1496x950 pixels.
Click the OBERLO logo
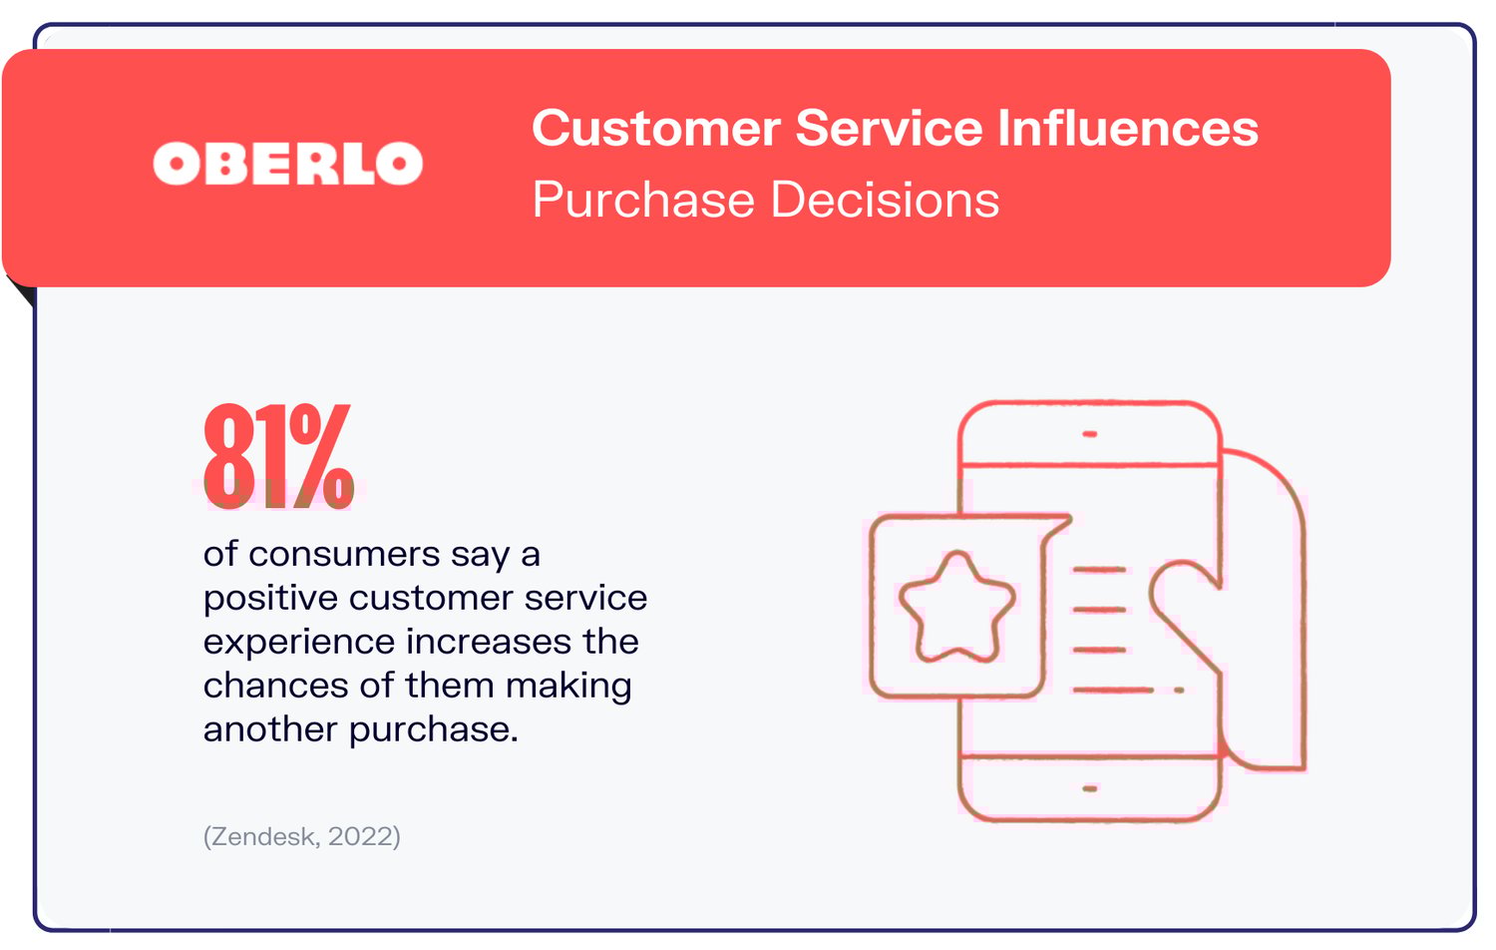[x=287, y=164]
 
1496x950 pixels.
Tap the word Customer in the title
[x=655, y=129]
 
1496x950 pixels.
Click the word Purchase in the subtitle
[x=643, y=200]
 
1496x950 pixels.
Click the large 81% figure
[x=278, y=456]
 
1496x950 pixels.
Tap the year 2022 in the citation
[x=361, y=836]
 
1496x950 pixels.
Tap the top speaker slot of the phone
[x=1089, y=434]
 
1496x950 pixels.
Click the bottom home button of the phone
[x=1089, y=788]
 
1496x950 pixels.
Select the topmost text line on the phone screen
[x=1099, y=570]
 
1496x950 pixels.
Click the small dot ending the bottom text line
[x=1180, y=690]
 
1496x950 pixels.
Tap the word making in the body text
[x=568, y=686]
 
